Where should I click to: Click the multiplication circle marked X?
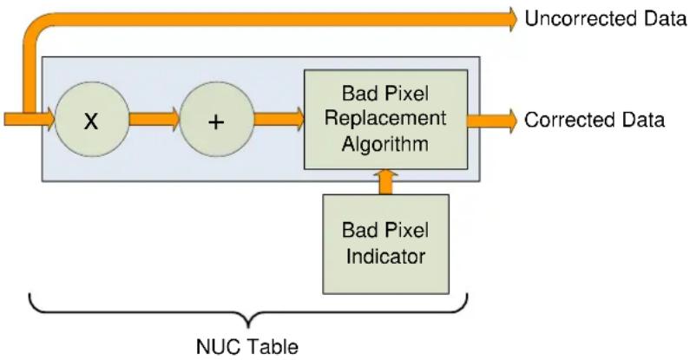pos(92,120)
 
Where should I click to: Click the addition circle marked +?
pos(217,120)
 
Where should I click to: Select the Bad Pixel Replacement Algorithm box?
pos(385,119)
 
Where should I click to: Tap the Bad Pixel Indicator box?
pos(386,245)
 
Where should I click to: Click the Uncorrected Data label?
pos(606,19)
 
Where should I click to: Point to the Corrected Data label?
pos(595,120)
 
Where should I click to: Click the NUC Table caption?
pos(247,347)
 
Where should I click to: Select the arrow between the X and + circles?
pos(154,120)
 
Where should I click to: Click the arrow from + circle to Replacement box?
pos(279,120)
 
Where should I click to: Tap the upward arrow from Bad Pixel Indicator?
pos(386,182)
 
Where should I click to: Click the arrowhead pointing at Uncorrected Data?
pos(513,19)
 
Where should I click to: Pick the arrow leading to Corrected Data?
pos(493,120)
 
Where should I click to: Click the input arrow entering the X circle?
pos(30,120)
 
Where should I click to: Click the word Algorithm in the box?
pos(385,144)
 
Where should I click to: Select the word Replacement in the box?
pos(385,119)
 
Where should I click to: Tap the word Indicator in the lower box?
pos(386,257)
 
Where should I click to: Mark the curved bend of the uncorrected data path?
pos(35,27)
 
